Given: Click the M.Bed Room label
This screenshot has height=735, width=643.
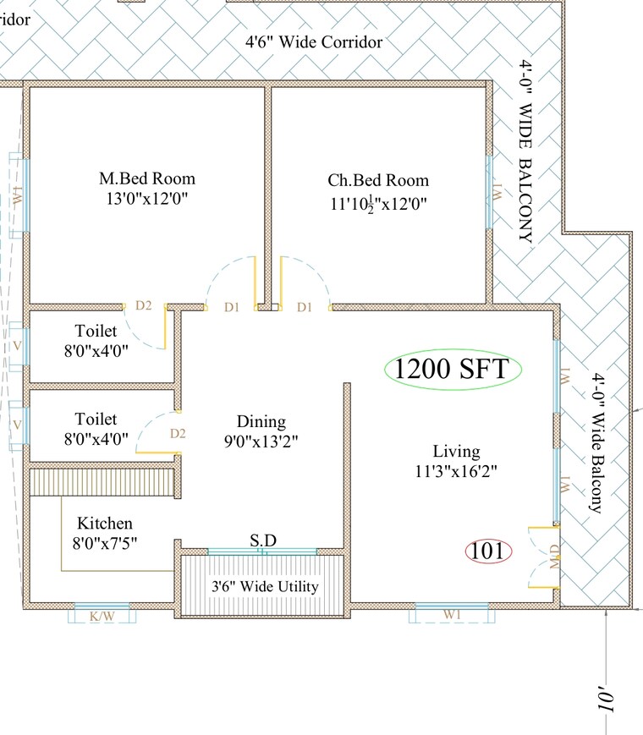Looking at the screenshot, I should [x=147, y=178].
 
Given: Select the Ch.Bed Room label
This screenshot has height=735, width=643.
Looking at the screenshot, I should [x=378, y=180].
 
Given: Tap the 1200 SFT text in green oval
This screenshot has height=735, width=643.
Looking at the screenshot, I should [x=452, y=370].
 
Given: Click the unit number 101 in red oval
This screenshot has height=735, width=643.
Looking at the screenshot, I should [x=488, y=551].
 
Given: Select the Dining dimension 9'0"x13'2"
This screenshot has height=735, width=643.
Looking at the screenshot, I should [x=261, y=441].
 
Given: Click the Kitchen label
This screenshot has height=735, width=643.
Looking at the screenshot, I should [x=105, y=524].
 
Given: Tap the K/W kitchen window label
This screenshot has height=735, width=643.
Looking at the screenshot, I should [x=102, y=617].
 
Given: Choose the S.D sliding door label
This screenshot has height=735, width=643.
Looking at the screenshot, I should [x=261, y=540].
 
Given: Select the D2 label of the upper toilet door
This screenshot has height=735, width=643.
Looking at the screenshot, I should [x=144, y=305].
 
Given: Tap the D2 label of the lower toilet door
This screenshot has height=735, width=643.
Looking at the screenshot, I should [x=178, y=434].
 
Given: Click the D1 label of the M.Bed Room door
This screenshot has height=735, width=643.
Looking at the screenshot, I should [x=232, y=307].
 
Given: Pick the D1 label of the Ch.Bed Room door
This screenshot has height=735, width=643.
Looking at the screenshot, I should [x=305, y=307].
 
